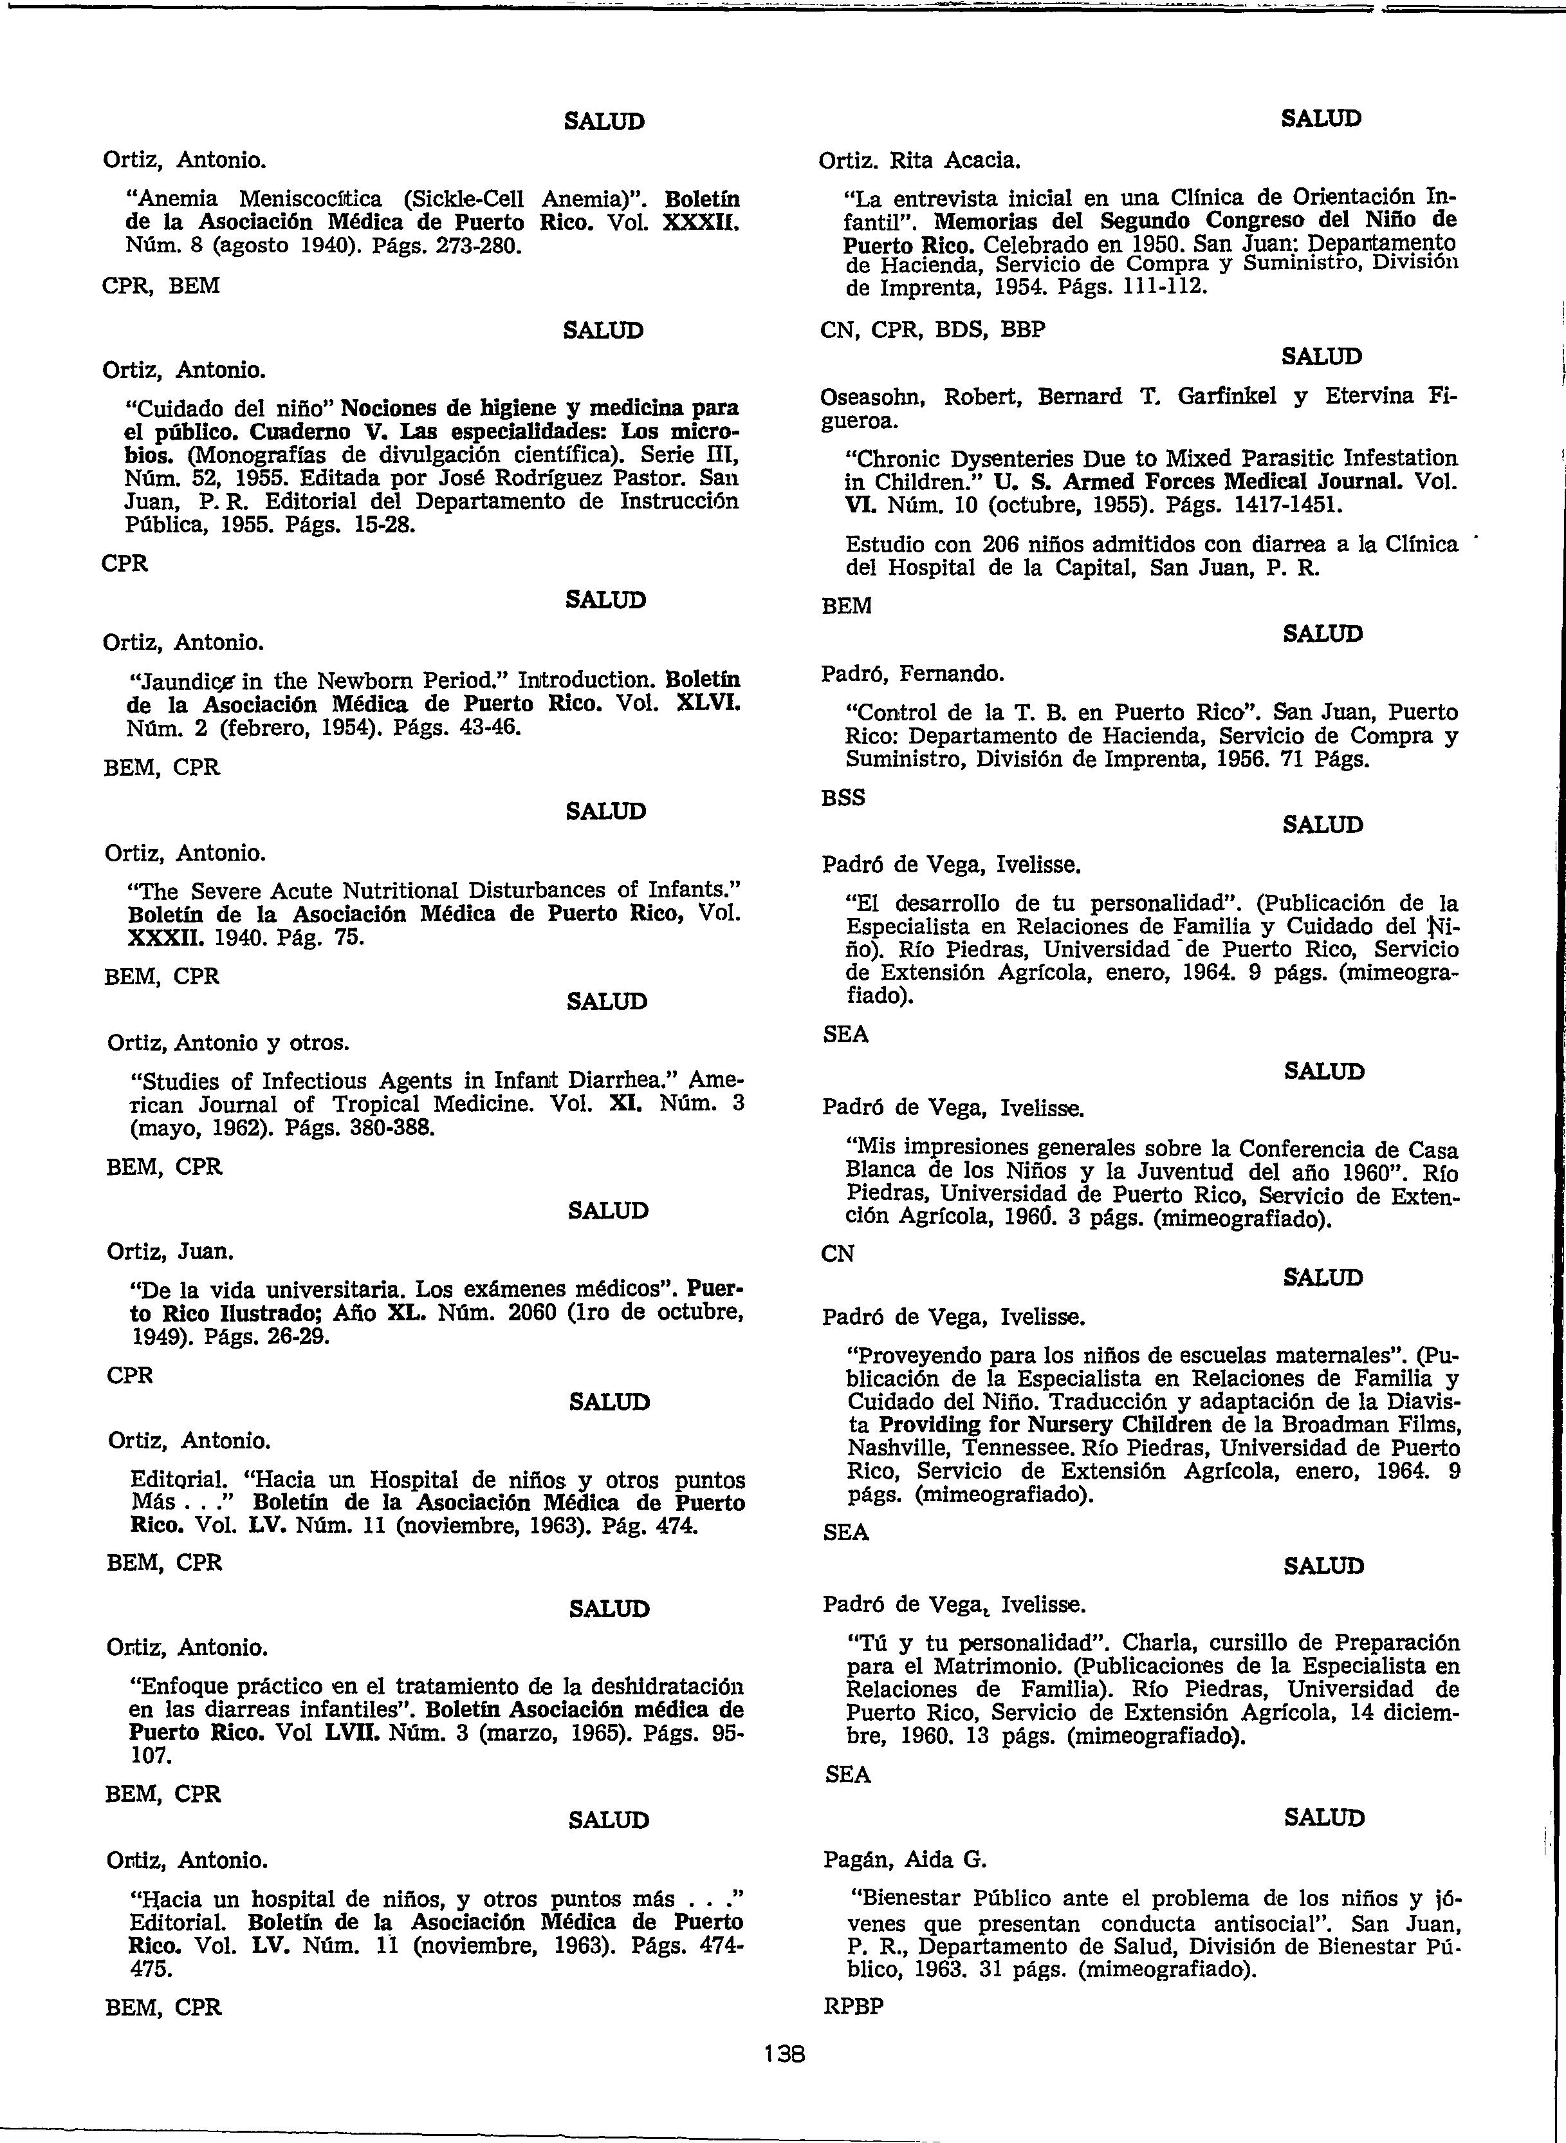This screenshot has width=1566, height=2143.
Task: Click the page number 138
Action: pos(784,2054)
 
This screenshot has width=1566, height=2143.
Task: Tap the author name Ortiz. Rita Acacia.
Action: pos(919,160)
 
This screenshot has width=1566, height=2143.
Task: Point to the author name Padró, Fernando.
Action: pos(912,673)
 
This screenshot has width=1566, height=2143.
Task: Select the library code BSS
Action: pos(843,798)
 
